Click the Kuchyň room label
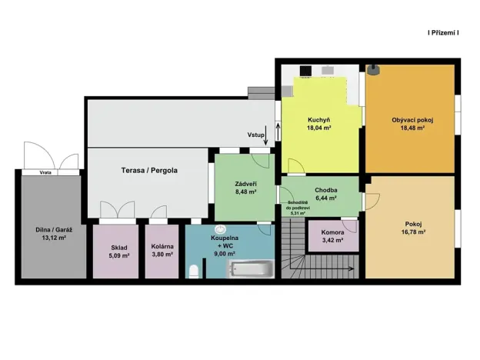(319, 121)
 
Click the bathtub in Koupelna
(250, 268)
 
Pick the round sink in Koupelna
(222, 228)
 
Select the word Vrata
(46, 173)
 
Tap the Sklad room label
(118, 246)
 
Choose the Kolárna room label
(162, 246)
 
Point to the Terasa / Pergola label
(149, 170)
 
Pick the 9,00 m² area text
(224, 253)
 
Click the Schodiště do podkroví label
(298, 205)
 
